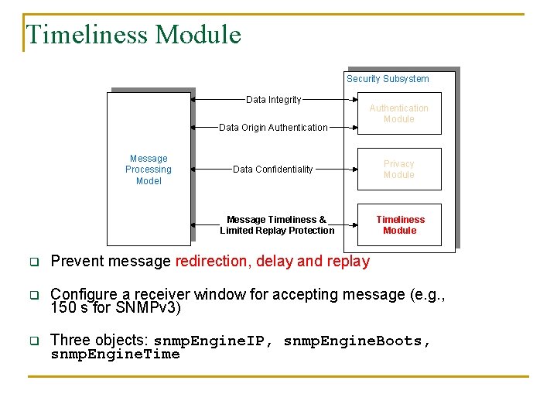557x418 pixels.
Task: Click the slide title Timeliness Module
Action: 133,35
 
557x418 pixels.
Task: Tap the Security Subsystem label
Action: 388,78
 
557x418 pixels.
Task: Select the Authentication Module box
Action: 398,114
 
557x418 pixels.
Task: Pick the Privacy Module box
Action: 398,170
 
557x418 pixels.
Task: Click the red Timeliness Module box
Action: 399,224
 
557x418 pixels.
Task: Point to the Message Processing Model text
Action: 149,170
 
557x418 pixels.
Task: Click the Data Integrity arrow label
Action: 273,100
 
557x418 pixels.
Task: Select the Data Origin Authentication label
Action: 273,128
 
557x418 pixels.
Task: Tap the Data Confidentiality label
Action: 273,170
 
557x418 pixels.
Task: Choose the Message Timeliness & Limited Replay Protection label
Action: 277,224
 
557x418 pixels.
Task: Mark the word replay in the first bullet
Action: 348,262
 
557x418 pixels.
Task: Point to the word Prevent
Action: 76,262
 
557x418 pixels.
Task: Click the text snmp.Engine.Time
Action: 114,355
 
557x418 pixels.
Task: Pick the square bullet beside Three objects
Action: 34,341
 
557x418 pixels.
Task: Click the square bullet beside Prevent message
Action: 34,262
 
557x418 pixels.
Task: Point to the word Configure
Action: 84,295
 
